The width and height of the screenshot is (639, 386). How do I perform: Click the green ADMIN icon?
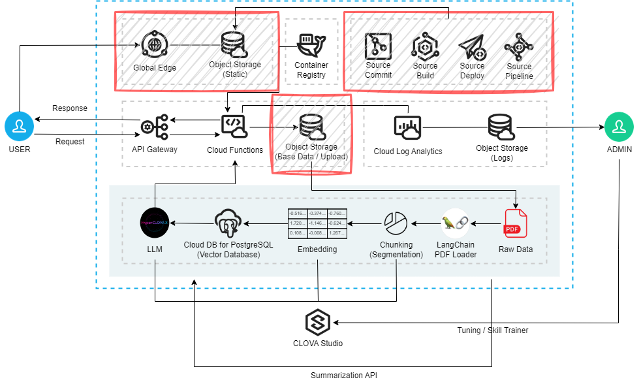[618, 127]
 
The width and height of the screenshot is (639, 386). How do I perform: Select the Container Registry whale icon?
[311, 46]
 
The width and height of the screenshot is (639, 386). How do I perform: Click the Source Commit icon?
[378, 45]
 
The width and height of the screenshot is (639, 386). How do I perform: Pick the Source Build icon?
[425, 46]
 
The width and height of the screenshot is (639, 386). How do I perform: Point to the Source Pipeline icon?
[519, 46]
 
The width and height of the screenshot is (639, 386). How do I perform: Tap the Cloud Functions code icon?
[234, 126]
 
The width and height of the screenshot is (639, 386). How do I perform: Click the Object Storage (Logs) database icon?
[501, 127]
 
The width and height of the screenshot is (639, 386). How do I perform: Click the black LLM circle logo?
[155, 223]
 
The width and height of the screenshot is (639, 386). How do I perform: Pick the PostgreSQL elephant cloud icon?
[228, 223]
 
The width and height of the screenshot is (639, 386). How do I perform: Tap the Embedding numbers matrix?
[317, 223]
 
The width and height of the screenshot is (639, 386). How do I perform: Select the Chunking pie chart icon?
[395, 223]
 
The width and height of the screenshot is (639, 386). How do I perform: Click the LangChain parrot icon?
[455, 223]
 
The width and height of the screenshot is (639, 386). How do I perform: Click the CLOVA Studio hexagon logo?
[318, 322]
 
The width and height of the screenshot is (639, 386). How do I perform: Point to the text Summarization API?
[343, 376]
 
